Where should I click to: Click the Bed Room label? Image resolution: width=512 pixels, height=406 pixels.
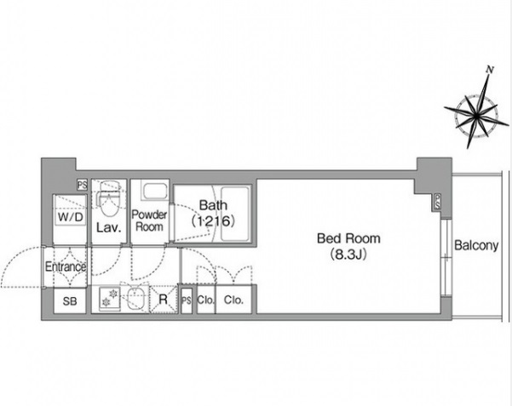(348, 238)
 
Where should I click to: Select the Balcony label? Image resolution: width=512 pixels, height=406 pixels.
(475, 246)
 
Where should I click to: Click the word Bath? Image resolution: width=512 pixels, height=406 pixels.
(212, 205)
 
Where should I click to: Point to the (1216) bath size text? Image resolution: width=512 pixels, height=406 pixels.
(212, 220)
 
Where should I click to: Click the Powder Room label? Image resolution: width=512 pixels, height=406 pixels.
(150, 221)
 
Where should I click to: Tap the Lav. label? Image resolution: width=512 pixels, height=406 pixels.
(106, 227)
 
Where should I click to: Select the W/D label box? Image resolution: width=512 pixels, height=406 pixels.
(70, 217)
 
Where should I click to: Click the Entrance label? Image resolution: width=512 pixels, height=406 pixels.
(66, 266)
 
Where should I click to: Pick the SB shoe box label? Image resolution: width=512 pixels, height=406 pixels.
(70, 300)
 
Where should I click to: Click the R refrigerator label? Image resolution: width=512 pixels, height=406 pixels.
(163, 300)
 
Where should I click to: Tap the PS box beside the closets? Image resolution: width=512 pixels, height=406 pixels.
(186, 300)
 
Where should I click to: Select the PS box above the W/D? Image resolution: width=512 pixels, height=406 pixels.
(82, 185)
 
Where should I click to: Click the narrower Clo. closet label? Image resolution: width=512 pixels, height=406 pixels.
(205, 300)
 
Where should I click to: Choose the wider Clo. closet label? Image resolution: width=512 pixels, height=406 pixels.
(234, 300)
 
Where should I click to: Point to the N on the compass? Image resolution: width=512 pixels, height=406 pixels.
(489, 69)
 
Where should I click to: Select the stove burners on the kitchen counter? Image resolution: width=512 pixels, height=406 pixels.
(110, 299)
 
